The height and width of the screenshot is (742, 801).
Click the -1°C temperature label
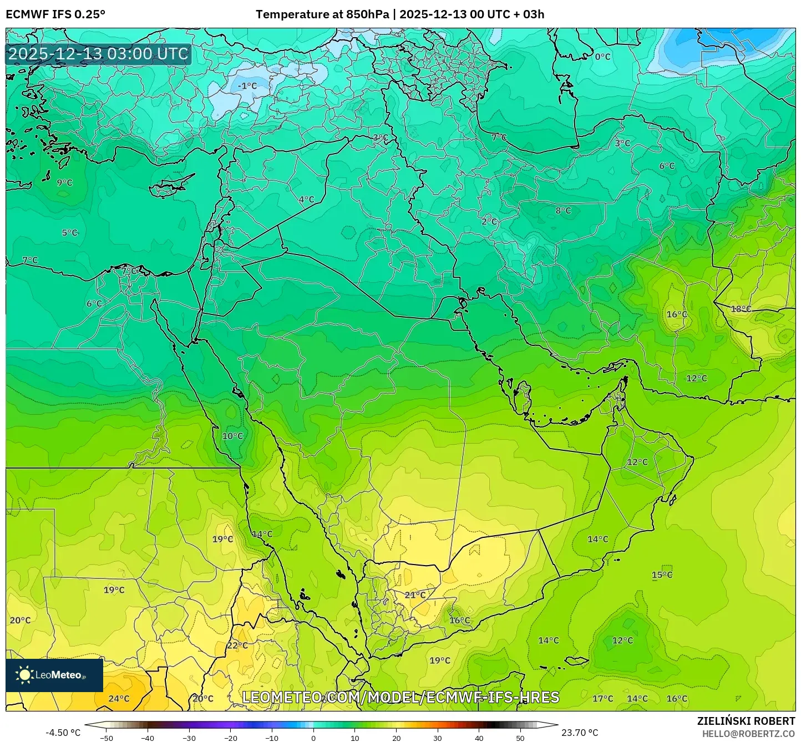pyautogui.click(x=247, y=86)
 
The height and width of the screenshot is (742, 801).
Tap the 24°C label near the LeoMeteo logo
pyautogui.click(x=119, y=699)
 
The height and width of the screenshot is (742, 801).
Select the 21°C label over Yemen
pyautogui.click(x=415, y=595)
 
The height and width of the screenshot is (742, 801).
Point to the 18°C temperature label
pyautogui.click(x=741, y=309)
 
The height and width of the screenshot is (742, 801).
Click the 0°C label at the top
pyautogui.click(x=602, y=57)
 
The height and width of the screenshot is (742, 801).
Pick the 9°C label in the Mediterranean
pyautogui.click(x=64, y=182)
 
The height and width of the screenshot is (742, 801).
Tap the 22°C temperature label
pyautogui.click(x=237, y=646)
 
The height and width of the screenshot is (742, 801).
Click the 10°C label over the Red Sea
pyautogui.click(x=232, y=436)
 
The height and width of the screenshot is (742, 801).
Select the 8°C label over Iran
pyautogui.click(x=563, y=210)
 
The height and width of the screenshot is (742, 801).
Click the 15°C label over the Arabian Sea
pyautogui.click(x=662, y=575)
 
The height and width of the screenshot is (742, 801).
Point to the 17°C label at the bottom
pyautogui.click(x=603, y=699)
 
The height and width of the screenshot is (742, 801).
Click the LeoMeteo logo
pyautogui.click(x=54, y=675)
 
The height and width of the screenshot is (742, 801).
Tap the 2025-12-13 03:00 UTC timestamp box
pyautogui.click(x=98, y=54)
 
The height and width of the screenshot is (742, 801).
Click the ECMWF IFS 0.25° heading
pyautogui.click(x=55, y=14)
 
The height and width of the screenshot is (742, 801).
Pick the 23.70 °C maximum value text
pyautogui.click(x=580, y=733)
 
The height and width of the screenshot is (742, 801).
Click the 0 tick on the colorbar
pyautogui.click(x=313, y=738)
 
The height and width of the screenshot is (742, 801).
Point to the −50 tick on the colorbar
pyautogui.click(x=106, y=738)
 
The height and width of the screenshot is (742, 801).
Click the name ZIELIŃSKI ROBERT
pyautogui.click(x=746, y=721)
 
